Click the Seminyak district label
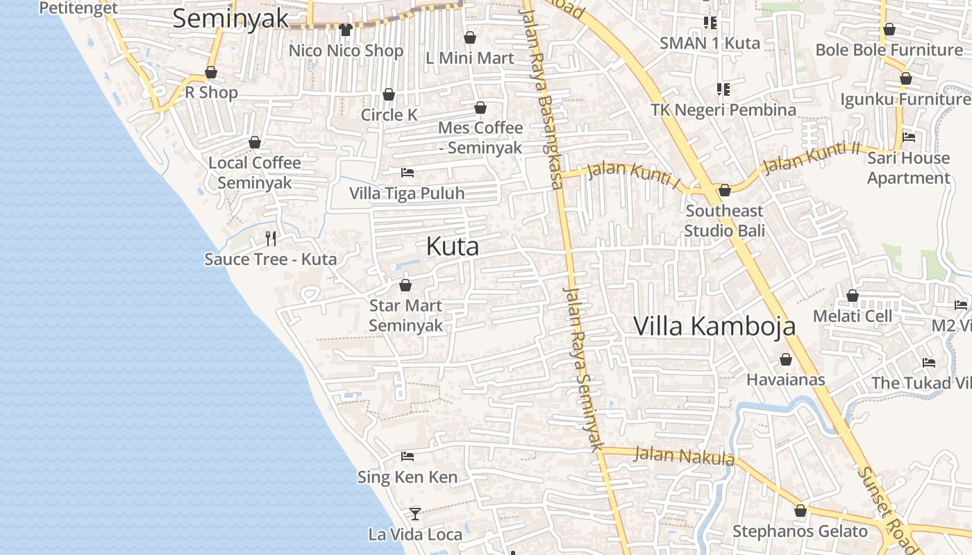coord(230,19)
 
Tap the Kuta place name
coord(452,246)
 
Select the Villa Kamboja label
coord(714,326)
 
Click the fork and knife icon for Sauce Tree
coord(271,239)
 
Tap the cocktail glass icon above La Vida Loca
coord(415,514)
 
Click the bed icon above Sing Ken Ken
coord(408,456)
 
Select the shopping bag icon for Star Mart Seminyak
coord(405,285)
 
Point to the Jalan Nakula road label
coord(685,456)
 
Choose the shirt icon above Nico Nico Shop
coord(346,30)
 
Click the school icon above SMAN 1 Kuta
coord(710,23)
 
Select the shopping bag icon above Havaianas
coord(786,359)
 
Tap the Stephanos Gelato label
coord(800,531)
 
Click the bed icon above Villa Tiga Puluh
coord(408,172)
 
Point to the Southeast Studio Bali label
coord(724,220)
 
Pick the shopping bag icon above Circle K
coord(389,94)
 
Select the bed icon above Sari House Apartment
coord(908,137)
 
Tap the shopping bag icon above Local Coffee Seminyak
coord(255,142)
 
